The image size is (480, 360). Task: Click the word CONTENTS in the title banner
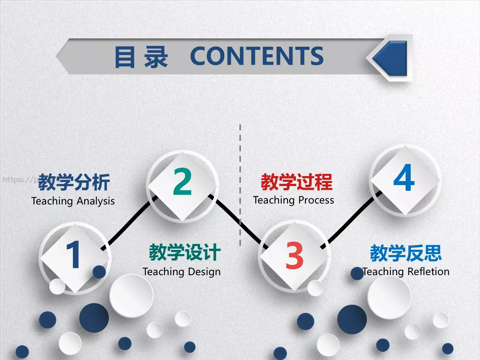(x=257, y=56)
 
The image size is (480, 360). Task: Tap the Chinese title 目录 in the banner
(x=141, y=57)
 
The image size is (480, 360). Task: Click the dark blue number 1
(x=73, y=255)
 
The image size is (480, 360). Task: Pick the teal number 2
(x=182, y=181)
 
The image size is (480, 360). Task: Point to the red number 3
(x=294, y=255)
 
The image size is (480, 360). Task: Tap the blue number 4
(x=404, y=178)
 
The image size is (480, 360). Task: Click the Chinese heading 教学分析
(x=74, y=182)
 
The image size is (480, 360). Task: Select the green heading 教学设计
(x=185, y=252)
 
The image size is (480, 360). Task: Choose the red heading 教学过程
(x=296, y=182)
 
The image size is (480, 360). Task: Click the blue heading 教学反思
(x=406, y=253)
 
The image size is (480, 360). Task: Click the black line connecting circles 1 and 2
(x=129, y=223)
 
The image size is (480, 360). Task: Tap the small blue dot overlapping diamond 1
(x=99, y=272)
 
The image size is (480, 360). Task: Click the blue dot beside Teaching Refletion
(x=357, y=274)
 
